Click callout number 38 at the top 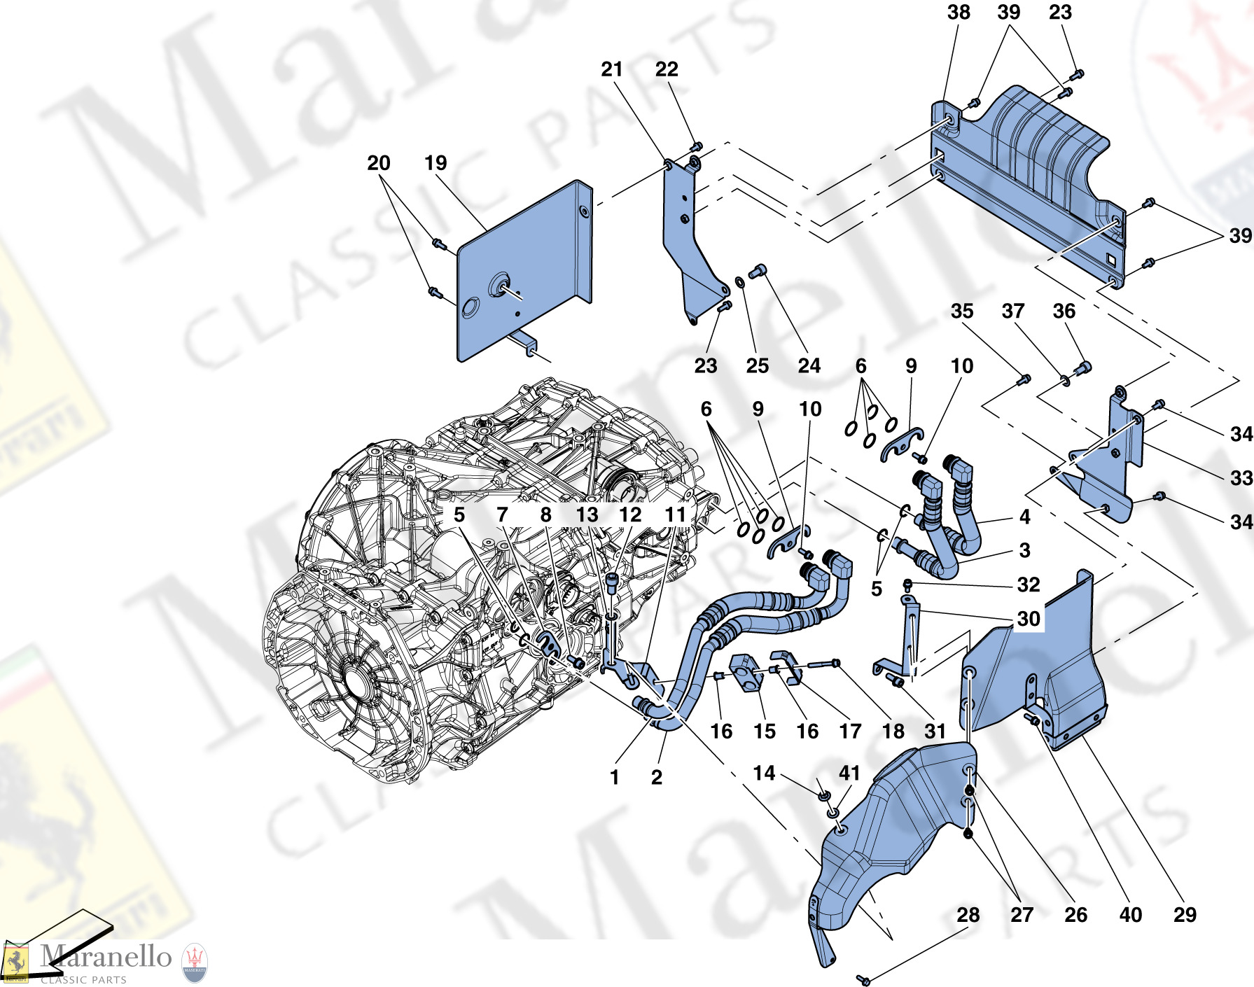pyautogui.click(x=959, y=13)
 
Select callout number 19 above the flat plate pyautogui.click(x=436, y=163)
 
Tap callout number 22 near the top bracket pyautogui.click(x=667, y=69)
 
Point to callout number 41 pyautogui.click(x=849, y=773)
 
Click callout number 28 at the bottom pyautogui.click(x=968, y=915)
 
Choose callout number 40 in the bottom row pyautogui.click(x=1130, y=915)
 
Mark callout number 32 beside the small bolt pyautogui.click(x=1028, y=584)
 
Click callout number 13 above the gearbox pyautogui.click(x=587, y=514)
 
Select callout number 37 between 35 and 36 pyautogui.click(x=1012, y=311)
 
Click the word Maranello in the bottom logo pyautogui.click(x=105, y=956)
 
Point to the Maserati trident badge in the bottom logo pyautogui.click(x=194, y=962)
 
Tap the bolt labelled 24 pyautogui.click(x=758, y=270)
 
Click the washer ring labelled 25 pyautogui.click(x=739, y=282)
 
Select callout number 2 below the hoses pyautogui.click(x=656, y=777)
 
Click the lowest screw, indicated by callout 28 pyautogui.click(x=863, y=980)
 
